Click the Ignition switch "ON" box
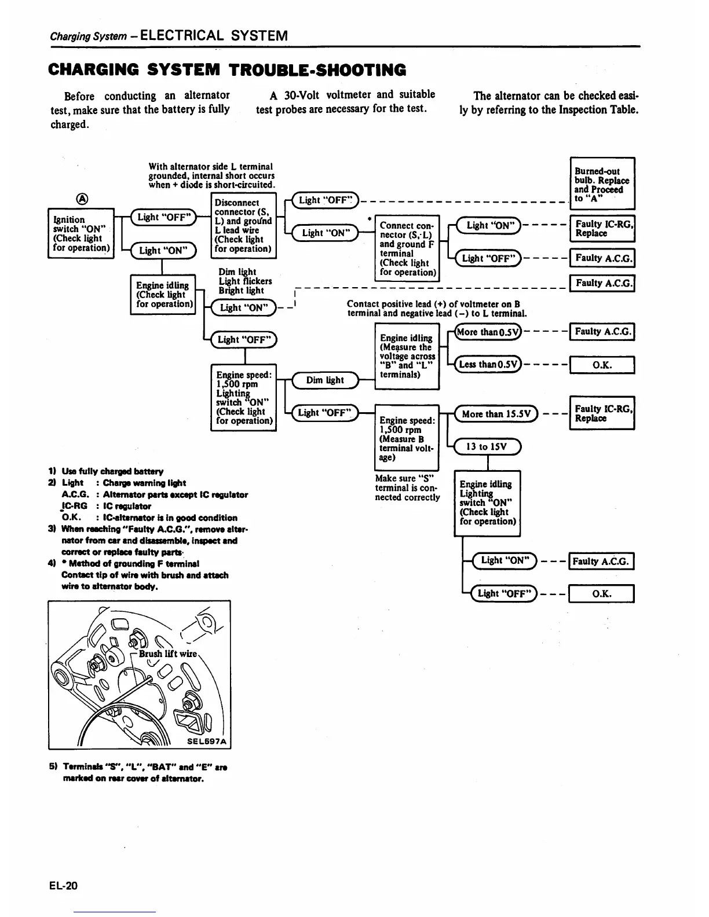pyautogui.click(x=81, y=233)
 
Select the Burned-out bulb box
pyautogui.click(x=602, y=183)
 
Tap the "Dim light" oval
pyautogui.click(x=325, y=380)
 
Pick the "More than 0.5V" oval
pyautogui.click(x=488, y=332)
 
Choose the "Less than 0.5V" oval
pyautogui.click(x=488, y=364)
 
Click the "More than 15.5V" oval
pyautogui.click(x=496, y=414)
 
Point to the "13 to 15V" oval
pyautogui.click(x=488, y=446)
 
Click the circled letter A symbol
pyautogui.click(x=83, y=198)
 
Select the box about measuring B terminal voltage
pyautogui.click(x=407, y=437)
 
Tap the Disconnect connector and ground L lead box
pyautogui.click(x=243, y=225)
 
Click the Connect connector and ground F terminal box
pyautogui.click(x=407, y=248)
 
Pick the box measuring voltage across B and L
pyautogui.click(x=407, y=355)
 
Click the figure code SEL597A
pyautogui.click(x=206, y=741)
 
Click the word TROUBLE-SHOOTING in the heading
pyautogui.click(x=317, y=70)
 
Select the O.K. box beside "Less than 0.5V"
pyautogui.click(x=602, y=365)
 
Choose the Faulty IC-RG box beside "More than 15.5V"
pyautogui.click(x=602, y=413)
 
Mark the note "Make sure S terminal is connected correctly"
pyautogui.click(x=407, y=487)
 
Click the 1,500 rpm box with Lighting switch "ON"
pyautogui.click(x=243, y=397)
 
